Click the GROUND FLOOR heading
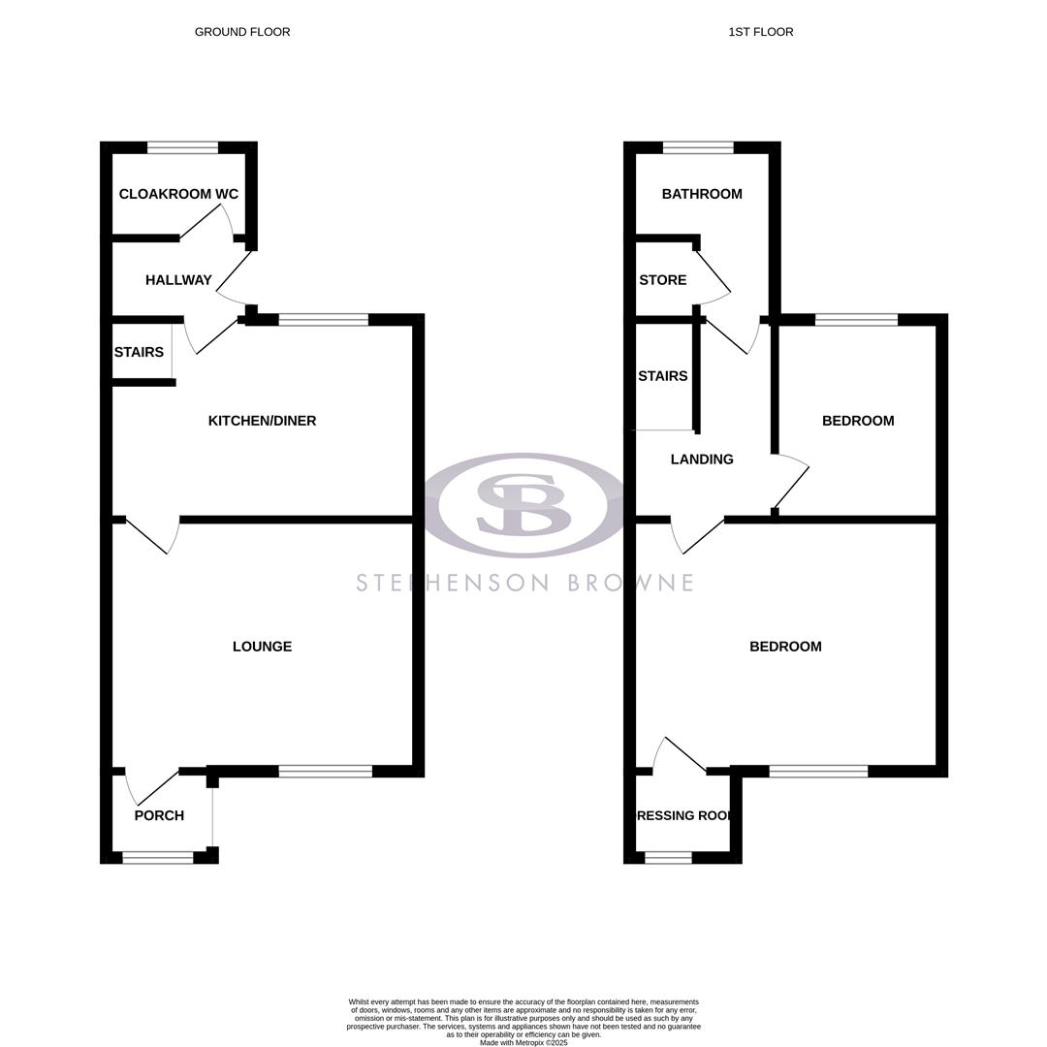click(x=242, y=32)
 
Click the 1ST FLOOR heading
click(x=760, y=32)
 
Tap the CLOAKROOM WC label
click(x=178, y=194)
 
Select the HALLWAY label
click(x=178, y=280)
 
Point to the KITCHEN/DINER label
click(x=262, y=421)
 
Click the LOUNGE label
click(x=262, y=647)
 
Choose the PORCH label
click(x=159, y=815)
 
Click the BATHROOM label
click(x=702, y=194)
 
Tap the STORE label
click(x=663, y=280)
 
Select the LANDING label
click(x=702, y=460)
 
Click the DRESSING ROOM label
click(x=683, y=815)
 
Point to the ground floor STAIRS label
click(x=139, y=352)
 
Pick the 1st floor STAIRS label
click(x=663, y=376)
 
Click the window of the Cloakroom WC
click(x=182, y=147)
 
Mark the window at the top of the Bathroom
click(x=698, y=147)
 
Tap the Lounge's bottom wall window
click(x=325, y=772)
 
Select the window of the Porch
click(x=157, y=857)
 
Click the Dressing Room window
click(x=668, y=857)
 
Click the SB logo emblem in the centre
click(x=523, y=505)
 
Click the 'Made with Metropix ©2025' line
click(x=523, y=1042)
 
